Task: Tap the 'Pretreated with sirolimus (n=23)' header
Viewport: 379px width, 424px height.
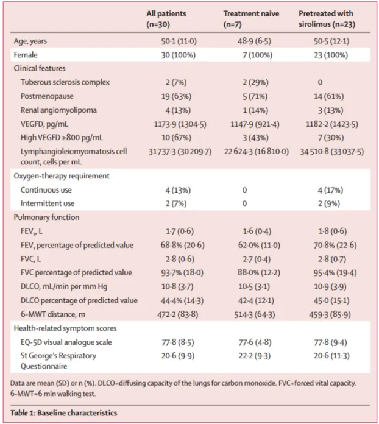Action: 326,19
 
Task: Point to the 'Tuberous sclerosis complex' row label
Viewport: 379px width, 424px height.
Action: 65,82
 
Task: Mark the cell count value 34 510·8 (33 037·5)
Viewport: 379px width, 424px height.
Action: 331,152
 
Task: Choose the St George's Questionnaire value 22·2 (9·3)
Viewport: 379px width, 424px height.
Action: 245,356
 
